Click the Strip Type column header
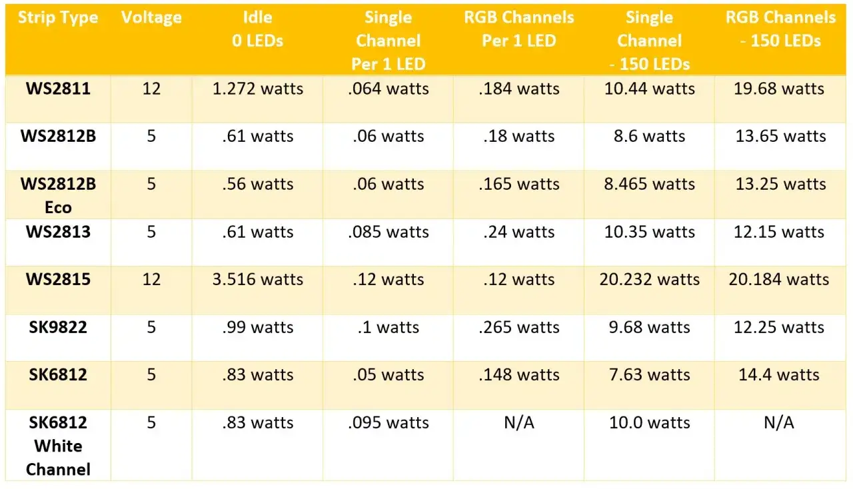click(58, 17)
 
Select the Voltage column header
click(151, 17)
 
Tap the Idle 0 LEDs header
click(257, 29)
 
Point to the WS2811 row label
click(58, 89)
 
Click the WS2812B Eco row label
click(58, 195)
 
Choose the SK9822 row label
click(58, 327)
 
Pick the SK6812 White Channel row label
click(58, 446)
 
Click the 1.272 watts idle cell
click(257, 89)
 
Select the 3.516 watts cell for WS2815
click(257, 279)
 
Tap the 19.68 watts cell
click(779, 89)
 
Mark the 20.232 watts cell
click(650, 279)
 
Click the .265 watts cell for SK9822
click(518, 327)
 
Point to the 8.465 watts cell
click(650, 184)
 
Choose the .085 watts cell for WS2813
click(389, 232)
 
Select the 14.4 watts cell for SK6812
click(779, 374)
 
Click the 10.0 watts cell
click(650, 422)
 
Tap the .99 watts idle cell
click(257, 327)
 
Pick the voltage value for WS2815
click(151, 279)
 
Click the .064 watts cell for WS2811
click(389, 89)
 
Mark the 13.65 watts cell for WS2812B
click(779, 136)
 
